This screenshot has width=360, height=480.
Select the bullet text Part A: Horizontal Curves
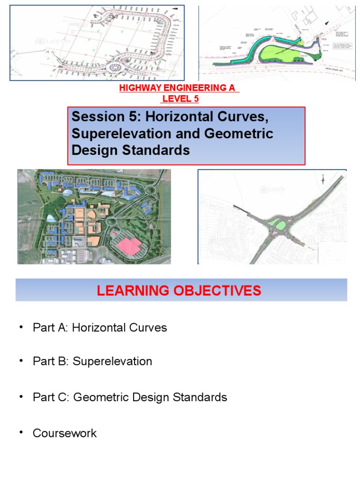[99, 327]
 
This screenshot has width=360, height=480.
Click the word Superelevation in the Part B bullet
[112, 361]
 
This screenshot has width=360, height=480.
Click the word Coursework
[65, 433]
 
